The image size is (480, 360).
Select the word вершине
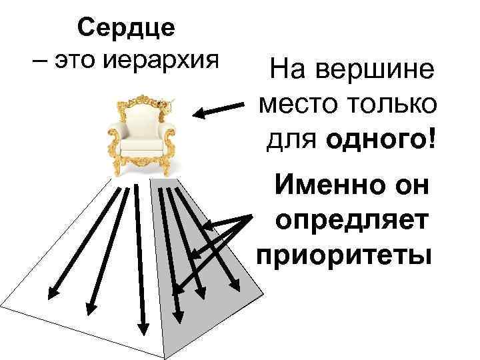[x=378, y=70]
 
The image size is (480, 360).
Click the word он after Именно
[x=410, y=185]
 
